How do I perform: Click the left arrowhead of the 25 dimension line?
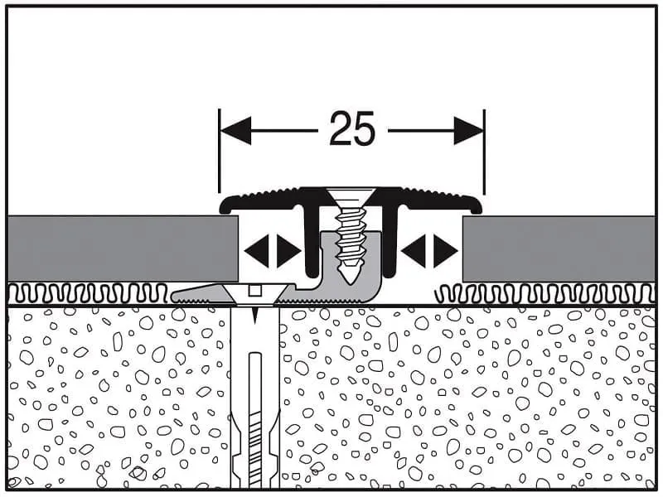click(x=235, y=130)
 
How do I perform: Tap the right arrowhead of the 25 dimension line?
click(x=469, y=130)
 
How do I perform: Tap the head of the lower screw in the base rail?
click(x=255, y=291)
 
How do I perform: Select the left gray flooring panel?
click(x=116, y=248)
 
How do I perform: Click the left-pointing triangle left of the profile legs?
click(x=256, y=250)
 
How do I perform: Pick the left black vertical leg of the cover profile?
click(x=312, y=240)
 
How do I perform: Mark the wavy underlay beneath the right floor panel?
click(x=547, y=292)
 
